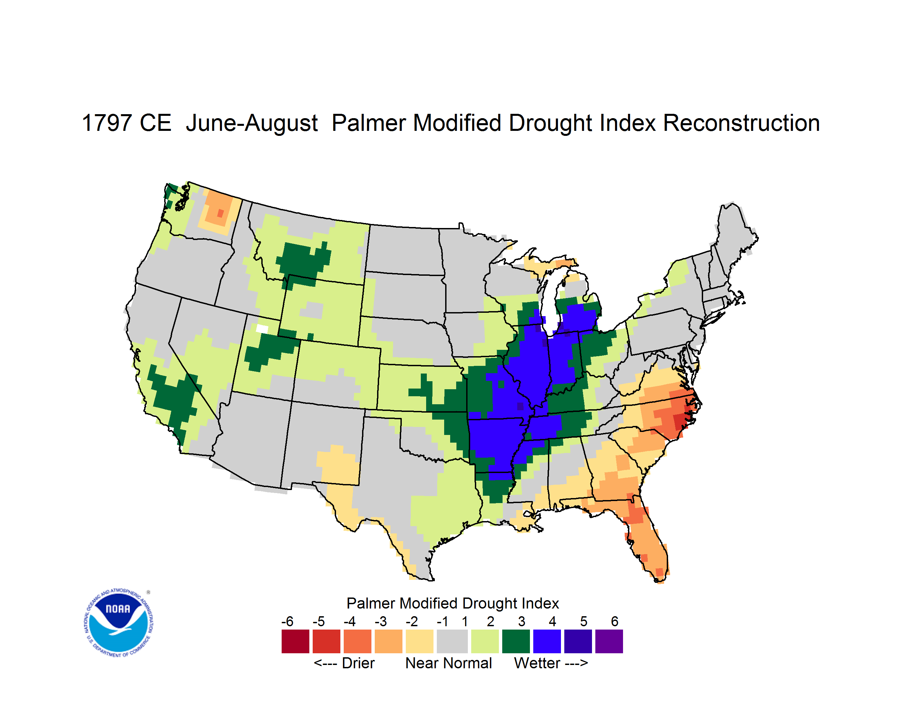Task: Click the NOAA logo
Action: coord(118,623)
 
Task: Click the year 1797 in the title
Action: coord(107,123)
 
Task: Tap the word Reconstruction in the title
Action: coord(741,123)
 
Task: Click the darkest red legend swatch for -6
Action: coord(295,641)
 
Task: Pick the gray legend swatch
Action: coord(453,641)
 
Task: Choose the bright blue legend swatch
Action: coord(547,641)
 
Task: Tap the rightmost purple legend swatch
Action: coord(609,641)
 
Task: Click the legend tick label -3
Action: coord(380,621)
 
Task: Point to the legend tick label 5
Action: coord(584,621)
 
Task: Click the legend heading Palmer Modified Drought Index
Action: coord(453,603)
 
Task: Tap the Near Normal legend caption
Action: coord(448,663)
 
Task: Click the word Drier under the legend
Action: coord(358,663)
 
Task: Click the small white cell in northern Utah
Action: coord(262,328)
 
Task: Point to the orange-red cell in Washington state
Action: coord(220,213)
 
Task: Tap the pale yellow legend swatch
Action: coord(419,641)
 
